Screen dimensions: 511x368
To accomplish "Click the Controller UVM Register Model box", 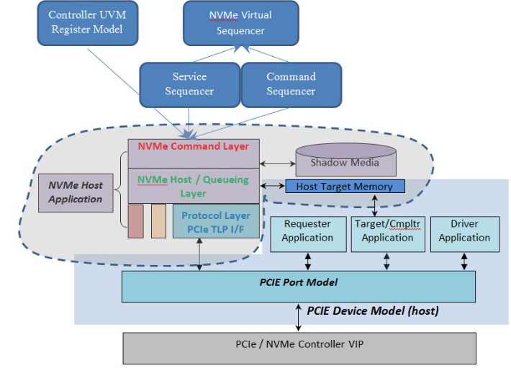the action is [88, 23].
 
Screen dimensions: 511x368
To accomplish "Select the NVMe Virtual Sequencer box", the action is [241, 23].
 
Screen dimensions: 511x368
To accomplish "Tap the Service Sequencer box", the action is [190, 85].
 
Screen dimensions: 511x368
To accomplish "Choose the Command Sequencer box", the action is [291, 85].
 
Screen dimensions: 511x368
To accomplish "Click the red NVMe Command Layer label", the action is [194, 146].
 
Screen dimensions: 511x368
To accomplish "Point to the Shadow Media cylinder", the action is [345, 160].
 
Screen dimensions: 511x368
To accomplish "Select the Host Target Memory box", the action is [345, 186].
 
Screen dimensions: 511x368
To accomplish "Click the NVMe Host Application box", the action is [76, 192].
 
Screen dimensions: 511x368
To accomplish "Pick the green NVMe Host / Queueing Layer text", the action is [193, 186].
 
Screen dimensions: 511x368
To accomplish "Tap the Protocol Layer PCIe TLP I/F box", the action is [216, 221].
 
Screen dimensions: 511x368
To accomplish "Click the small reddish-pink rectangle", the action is [135, 221].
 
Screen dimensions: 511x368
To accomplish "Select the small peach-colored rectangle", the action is [159, 221].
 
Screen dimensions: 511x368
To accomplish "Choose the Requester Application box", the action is [308, 234].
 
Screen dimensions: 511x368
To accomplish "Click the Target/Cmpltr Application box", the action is [388, 234].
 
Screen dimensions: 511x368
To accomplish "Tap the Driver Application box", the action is [465, 234].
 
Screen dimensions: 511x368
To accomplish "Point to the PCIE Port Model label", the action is [299, 282].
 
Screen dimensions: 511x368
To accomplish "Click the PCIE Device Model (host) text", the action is [373, 310].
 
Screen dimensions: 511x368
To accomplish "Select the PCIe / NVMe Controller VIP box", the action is [299, 349].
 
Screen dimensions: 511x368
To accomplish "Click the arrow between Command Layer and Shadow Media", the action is [278, 163].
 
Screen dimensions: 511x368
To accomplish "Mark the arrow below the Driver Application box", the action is [464, 261].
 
